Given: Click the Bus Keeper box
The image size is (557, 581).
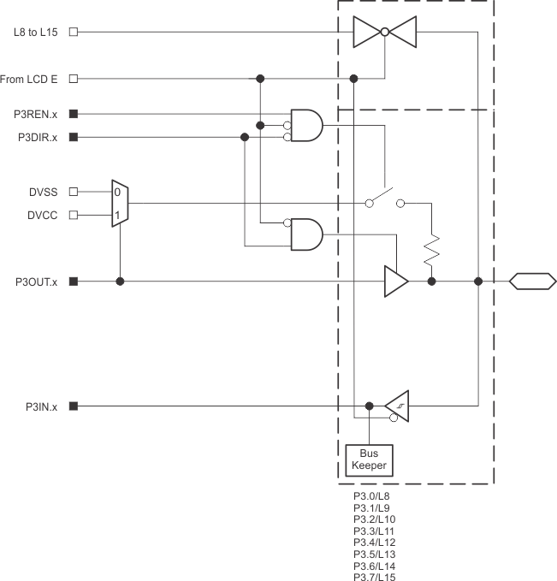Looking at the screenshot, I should (368, 459).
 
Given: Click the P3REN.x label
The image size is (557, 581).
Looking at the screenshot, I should (36, 113).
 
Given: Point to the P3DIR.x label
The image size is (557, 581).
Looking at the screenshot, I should (36, 136).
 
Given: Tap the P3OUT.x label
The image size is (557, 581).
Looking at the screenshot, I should (35, 281).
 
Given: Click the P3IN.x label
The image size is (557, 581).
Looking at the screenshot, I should (39, 406).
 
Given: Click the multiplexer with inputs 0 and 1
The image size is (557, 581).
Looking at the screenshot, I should (119, 204).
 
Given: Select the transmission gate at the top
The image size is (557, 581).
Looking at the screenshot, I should (384, 33).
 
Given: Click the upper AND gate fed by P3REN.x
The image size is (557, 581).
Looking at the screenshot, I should (307, 125).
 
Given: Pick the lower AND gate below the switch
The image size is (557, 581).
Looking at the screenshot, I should (307, 234).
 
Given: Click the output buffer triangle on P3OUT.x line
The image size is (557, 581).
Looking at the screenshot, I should (395, 281).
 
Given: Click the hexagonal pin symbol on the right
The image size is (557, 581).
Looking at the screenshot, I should (531, 281).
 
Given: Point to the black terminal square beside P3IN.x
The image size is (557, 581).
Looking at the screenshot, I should (74, 406).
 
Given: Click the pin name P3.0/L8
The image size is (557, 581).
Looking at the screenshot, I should (372, 495).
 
